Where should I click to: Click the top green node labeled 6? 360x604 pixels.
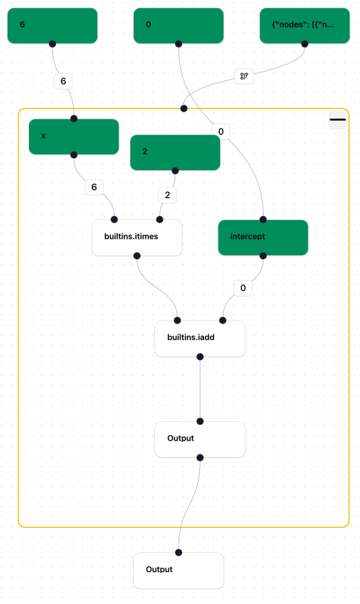[52, 26]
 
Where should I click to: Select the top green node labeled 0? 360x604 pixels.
[179, 26]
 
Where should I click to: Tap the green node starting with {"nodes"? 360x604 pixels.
[304, 26]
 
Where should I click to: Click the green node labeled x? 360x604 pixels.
[74, 137]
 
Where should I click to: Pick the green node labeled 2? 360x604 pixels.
[175, 152]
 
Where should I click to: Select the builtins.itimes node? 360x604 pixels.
[137, 238]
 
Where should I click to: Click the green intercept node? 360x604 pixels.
[263, 237]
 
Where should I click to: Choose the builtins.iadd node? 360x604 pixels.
[200, 339]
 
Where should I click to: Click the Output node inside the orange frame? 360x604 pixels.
[200, 439]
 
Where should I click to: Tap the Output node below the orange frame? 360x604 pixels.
[179, 570]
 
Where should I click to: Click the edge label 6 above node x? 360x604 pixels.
[63, 81]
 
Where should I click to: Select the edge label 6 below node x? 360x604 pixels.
[94, 186]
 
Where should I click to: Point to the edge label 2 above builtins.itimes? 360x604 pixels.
[168, 195]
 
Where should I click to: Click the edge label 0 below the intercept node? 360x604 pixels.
[243, 288]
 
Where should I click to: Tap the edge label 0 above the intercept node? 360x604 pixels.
[221, 131]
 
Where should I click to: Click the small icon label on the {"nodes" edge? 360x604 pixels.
[243, 76]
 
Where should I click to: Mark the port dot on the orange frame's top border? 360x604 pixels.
[183, 108]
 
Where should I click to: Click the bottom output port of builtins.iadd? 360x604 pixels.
[200, 356]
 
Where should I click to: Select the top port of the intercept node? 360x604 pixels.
[263, 219]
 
